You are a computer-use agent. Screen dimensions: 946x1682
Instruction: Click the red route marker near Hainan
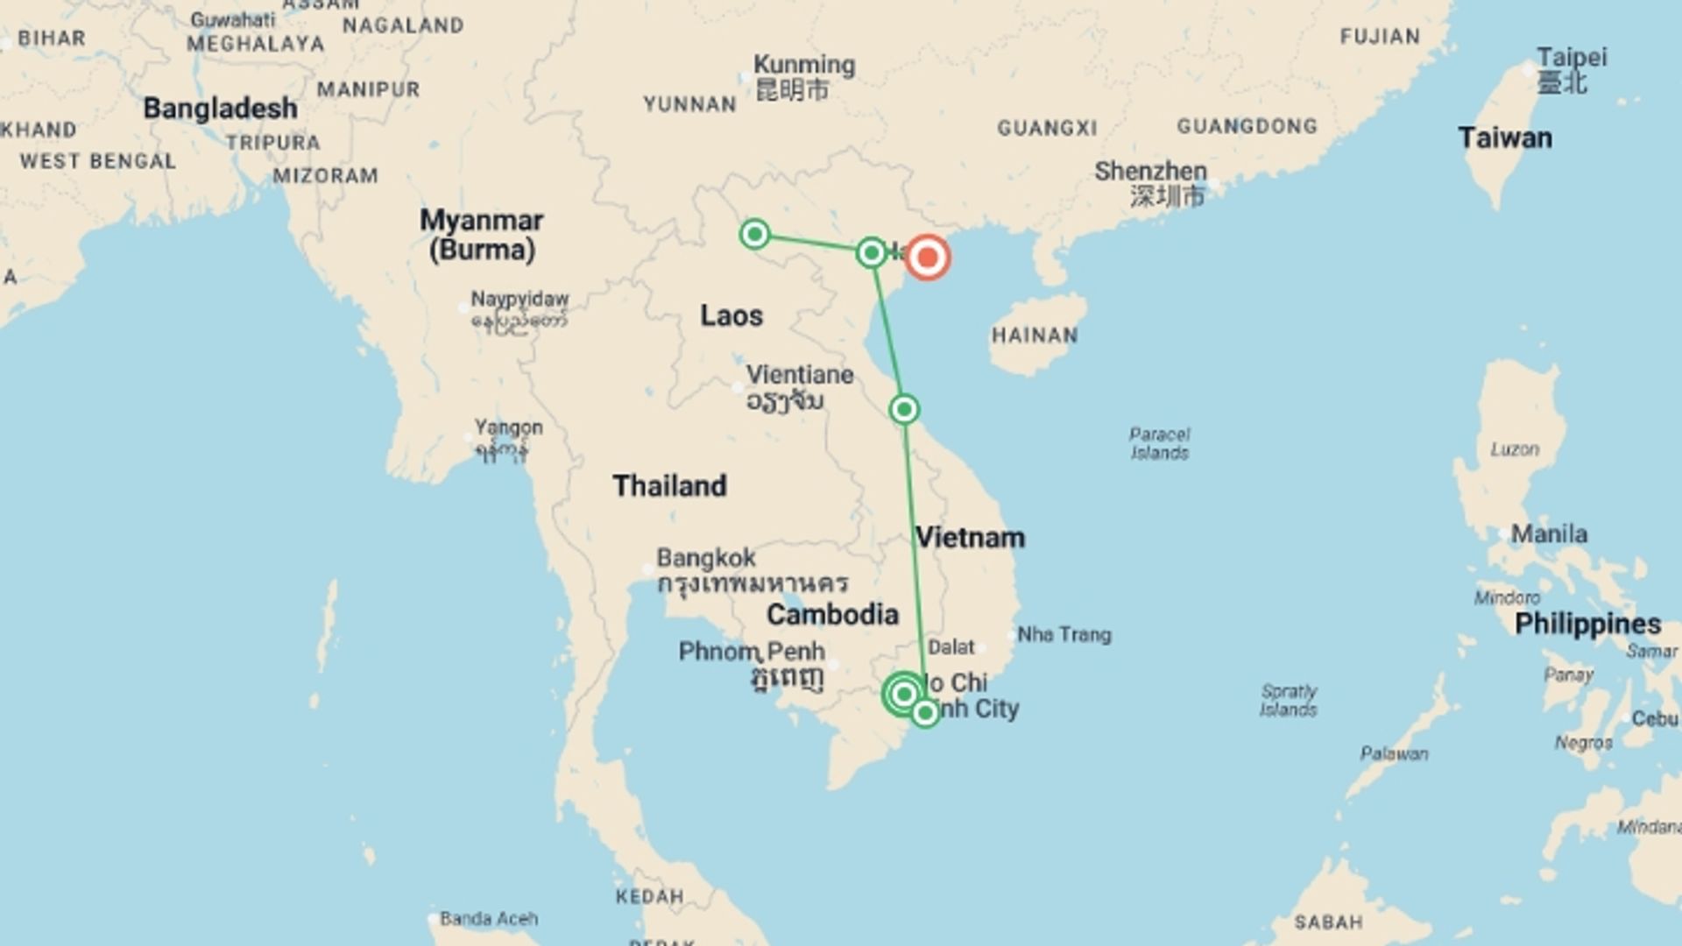pyautogui.click(x=927, y=258)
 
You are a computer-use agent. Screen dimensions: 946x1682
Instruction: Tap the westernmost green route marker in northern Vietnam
pyautogui.click(x=754, y=234)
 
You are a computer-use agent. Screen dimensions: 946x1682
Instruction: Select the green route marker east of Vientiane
pyautogui.click(x=904, y=409)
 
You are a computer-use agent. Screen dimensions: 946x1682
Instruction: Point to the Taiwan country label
pyautogui.click(x=1504, y=138)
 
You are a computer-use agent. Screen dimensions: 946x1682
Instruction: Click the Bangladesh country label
pyautogui.click(x=220, y=108)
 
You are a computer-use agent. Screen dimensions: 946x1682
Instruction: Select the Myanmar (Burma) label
pyautogui.click(x=481, y=234)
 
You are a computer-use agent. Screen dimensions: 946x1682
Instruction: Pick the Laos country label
pyautogui.click(x=731, y=315)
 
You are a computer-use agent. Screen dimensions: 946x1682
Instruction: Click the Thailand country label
pyautogui.click(x=669, y=485)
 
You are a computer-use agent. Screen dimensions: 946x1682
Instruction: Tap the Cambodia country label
pyautogui.click(x=832, y=614)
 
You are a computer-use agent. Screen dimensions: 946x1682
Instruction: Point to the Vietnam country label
pyautogui.click(x=970, y=537)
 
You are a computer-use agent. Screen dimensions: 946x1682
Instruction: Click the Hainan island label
pyautogui.click(x=1035, y=335)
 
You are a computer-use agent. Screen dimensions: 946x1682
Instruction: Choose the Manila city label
pyautogui.click(x=1548, y=533)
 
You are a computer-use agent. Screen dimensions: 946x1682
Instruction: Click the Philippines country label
pyautogui.click(x=1587, y=624)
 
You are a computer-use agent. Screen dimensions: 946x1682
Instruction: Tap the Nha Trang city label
pyautogui.click(x=1064, y=634)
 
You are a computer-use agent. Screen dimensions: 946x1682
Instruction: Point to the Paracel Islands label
pyautogui.click(x=1159, y=443)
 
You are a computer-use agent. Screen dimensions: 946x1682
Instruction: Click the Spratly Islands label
pyautogui.click(x=1288, y=700)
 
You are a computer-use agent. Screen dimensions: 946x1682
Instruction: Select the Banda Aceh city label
pyautogui.click(x=489, y=919)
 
